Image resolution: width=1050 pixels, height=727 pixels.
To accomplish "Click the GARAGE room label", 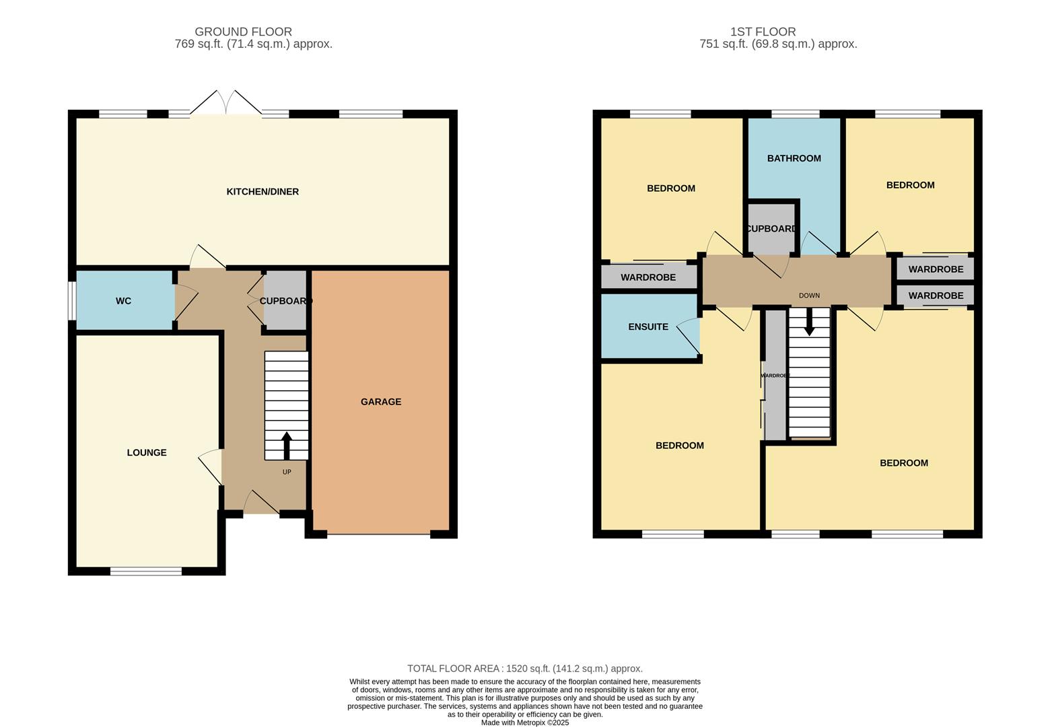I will tap(380, 402).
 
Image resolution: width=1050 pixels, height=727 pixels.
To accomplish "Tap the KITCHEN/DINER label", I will tap(262, 192).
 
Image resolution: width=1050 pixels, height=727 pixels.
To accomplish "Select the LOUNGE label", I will tap(147, 453).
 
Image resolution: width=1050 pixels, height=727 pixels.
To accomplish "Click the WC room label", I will tap(123, 301).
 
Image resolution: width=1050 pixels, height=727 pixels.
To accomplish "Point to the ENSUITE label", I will tap(648, 327).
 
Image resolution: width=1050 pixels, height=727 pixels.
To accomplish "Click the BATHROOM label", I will tap(794, 159).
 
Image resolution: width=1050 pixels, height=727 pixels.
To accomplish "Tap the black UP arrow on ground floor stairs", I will tap(287, 445).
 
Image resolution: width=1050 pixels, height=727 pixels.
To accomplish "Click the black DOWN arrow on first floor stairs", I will tap(809, 322).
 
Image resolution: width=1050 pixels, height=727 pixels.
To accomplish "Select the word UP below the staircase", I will tap(287, 472).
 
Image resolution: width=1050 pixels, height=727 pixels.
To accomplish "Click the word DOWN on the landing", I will tap(809, 296).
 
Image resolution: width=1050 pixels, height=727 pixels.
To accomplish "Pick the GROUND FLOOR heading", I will tap(243, 32).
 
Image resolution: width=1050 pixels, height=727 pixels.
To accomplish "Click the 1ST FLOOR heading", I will tap(763, 32).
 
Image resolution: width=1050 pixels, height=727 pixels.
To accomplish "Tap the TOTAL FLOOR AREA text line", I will tap(524, 668).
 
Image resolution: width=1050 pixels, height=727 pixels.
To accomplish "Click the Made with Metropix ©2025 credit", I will tap(524, 722).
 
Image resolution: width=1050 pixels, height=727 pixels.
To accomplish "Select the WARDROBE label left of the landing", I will tap(647, 277).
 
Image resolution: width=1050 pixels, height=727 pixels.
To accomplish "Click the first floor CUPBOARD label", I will tap(772, 229).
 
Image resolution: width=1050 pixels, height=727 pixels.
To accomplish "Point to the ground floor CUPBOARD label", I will tap(285, 301).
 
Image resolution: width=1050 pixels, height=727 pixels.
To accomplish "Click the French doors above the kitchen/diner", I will tap(225, 104).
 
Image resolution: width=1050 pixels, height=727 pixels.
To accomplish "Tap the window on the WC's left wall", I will tap(71, 300).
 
